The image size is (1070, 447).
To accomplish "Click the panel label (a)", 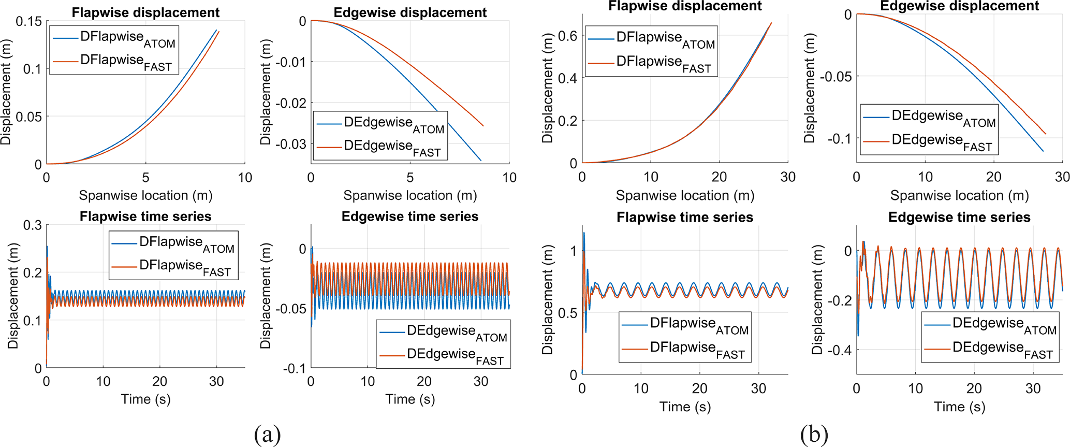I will (x=267, y=434).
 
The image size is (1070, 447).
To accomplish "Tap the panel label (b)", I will (x=814, y=434).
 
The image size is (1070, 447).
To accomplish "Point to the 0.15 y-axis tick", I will (x=28, y=22).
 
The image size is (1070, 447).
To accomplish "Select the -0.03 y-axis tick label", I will (x=291, y=144).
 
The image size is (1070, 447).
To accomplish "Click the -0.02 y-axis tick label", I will (x=291, y=103).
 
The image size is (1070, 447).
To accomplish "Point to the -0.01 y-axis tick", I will (x=291, y=62).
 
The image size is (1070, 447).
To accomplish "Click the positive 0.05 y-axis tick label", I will (x=28, y=117).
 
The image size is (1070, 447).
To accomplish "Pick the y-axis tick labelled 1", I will (x=573, y=251).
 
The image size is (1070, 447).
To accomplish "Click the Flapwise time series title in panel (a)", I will (x=145, y=217).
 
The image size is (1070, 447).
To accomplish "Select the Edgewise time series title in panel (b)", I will (x=959, y=217).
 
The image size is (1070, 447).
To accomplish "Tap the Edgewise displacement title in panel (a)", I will (x=410, y=12).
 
